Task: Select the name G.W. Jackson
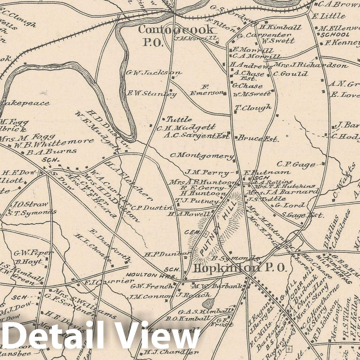pos(153,73)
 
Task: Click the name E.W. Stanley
pos(152,93)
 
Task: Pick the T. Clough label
pos(253,108)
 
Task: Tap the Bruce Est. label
pos(258,139)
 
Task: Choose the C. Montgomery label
pos(202,156)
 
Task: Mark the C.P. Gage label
pos(296,164)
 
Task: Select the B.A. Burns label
pos(51,152)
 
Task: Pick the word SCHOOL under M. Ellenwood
pos(335,35)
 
